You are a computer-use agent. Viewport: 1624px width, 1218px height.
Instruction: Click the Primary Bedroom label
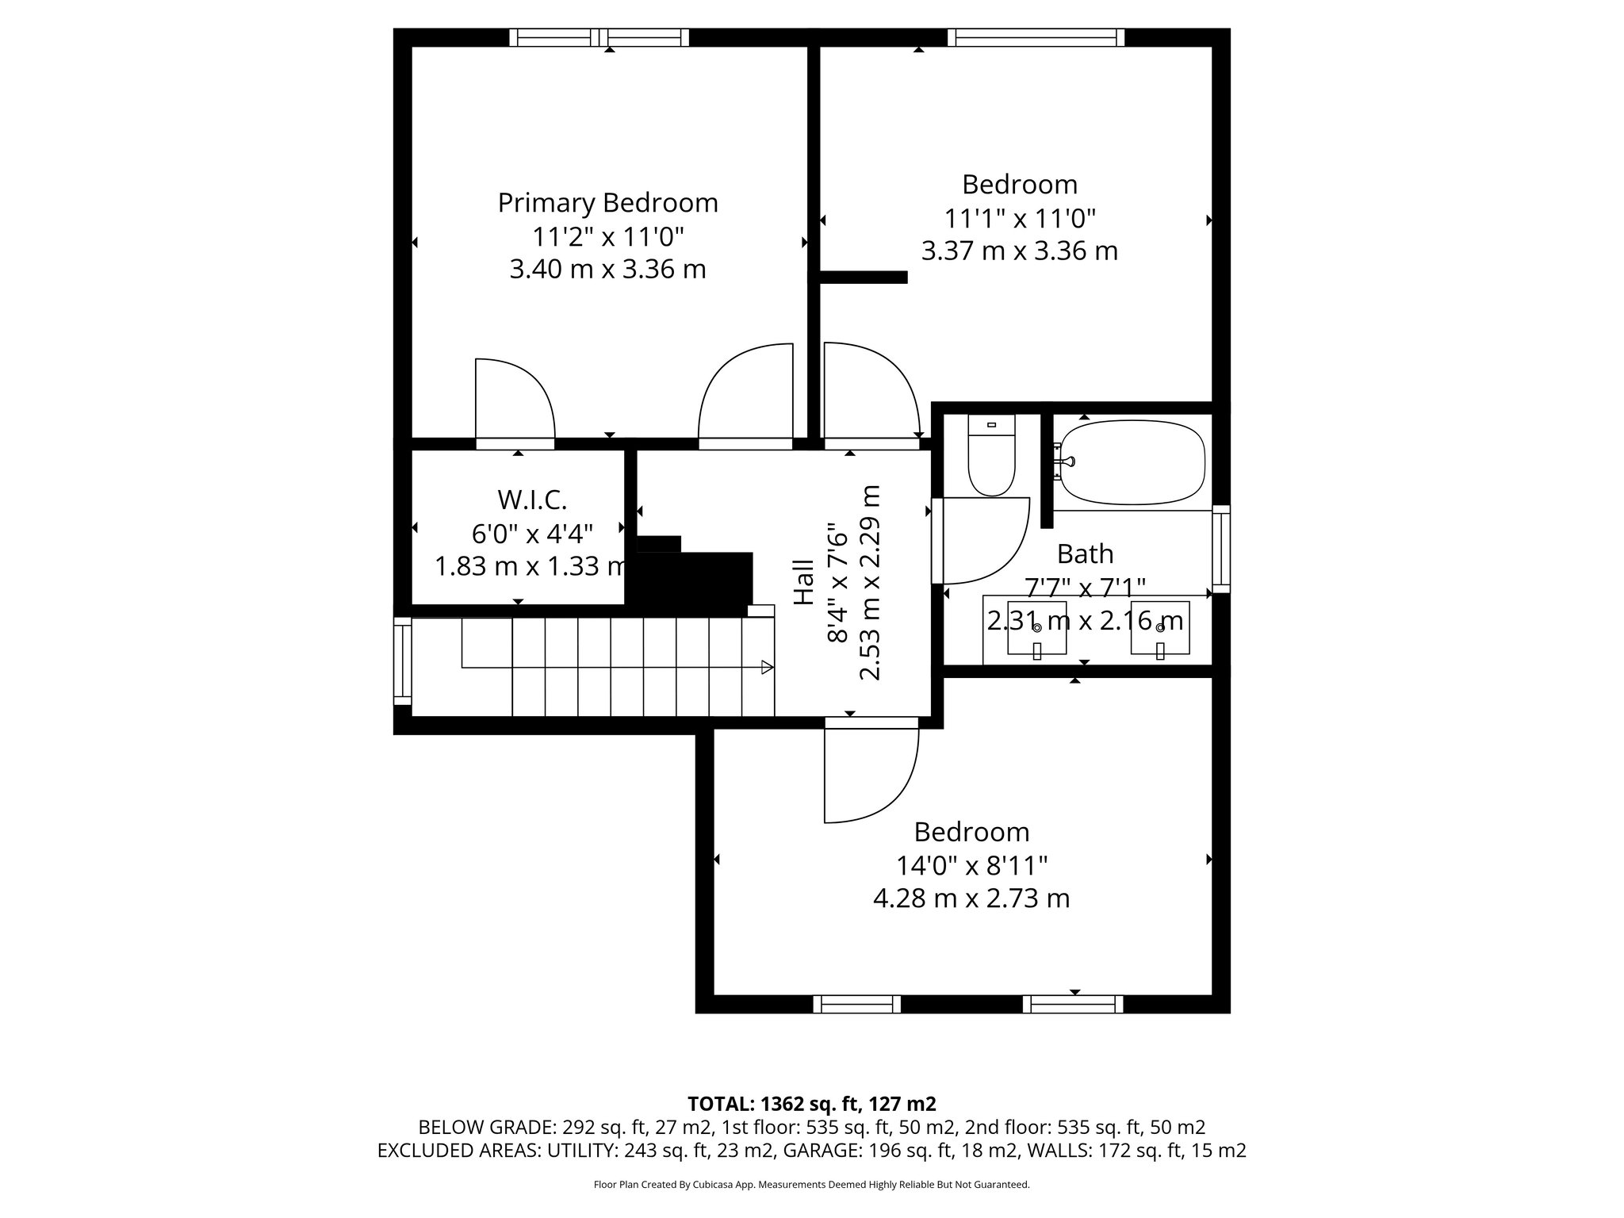pyautogui.click(x=607, y=203)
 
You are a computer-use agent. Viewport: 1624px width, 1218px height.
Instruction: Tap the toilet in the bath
pyautogui.click(x=991, y=460)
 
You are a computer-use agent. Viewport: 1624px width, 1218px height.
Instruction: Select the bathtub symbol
pyautogui.click(x=1132, y=462)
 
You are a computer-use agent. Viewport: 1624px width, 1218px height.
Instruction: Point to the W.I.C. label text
pyautogui.click(x=532, y=500)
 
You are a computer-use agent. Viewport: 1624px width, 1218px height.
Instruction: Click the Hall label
pyautogui.click(x=804, y=583)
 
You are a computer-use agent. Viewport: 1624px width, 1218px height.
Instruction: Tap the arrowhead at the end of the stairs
pyautogui.click(x=767, y=667)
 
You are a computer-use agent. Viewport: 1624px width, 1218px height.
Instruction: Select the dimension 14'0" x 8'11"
pyautogui.click(x=971, y=865)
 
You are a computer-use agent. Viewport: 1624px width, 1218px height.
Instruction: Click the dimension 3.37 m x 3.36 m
pyautogui.click(x=1019, y=251)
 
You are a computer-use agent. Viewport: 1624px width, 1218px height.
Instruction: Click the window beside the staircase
pyautogui.click(x=403, y=661)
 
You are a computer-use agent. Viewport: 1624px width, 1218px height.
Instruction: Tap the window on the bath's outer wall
pyautogui.click(x=1221, y=549)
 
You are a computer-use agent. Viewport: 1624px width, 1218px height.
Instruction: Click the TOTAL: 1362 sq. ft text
pyautogui.click(x=811, y=1104)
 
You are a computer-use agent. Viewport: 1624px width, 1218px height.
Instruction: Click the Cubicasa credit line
pyautogui.click(x=811, y=1185)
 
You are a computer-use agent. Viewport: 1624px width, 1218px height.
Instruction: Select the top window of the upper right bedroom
pyautogui.click(x=1036, y=37)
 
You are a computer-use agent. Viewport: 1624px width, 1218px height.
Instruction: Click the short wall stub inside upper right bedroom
pyautogui.click(x=863, y=277)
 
